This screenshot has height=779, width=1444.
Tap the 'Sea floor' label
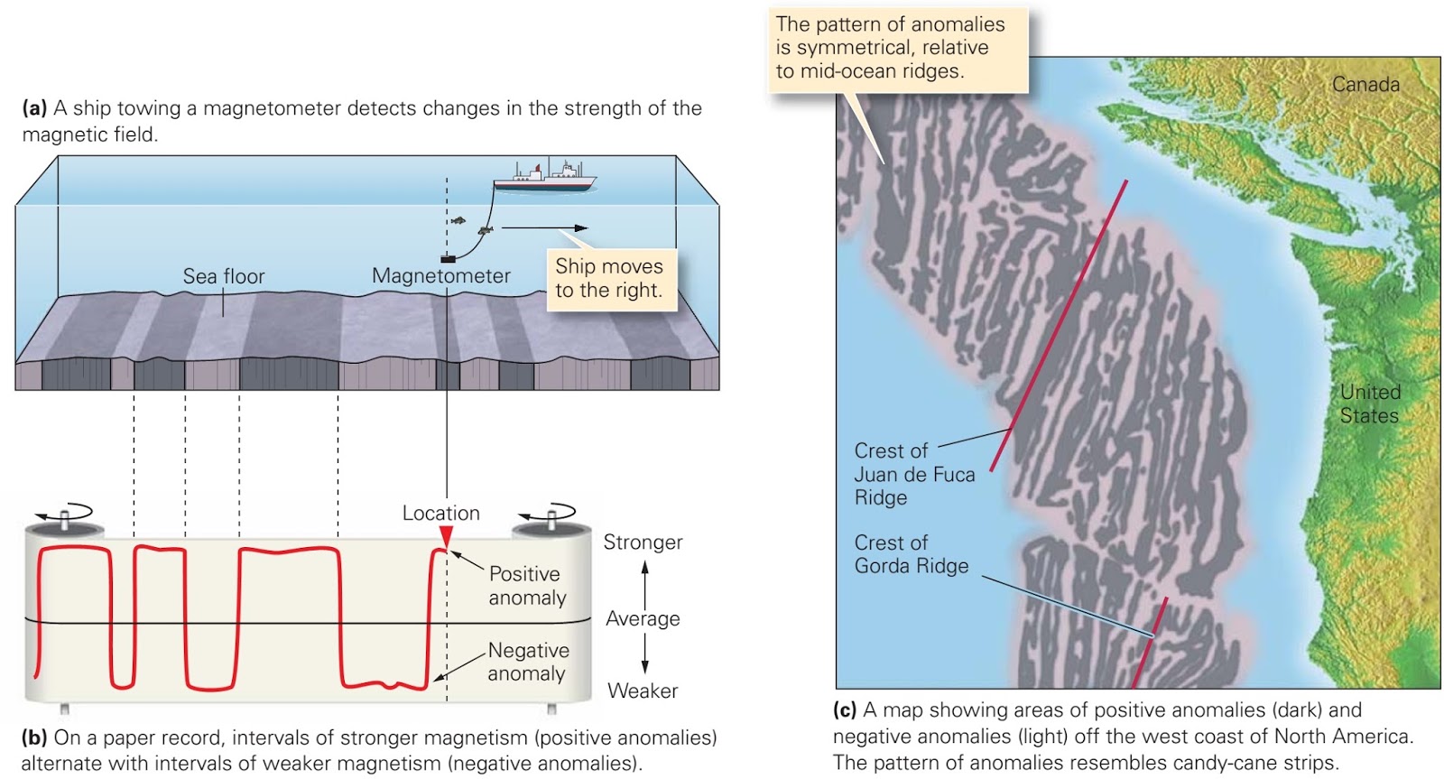[224, 276]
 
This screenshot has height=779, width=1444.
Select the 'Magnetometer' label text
[440, 276]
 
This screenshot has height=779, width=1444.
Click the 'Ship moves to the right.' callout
[610, 278]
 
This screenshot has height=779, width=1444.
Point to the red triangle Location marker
[446, 537]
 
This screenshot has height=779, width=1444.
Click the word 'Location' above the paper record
[440, 513]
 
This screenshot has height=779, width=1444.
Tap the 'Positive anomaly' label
[527, 585]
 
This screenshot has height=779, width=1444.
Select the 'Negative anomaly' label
[528, 662]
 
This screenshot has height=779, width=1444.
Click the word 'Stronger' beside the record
[643, 542]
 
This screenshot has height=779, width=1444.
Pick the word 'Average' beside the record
[643, 618]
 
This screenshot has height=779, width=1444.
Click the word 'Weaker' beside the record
[643, 691]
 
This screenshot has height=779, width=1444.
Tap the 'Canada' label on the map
[1365, 84]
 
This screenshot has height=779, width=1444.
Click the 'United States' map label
[1369, 403]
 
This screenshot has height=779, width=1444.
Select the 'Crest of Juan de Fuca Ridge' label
[913, 474]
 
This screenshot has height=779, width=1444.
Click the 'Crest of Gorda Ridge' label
[911, 554]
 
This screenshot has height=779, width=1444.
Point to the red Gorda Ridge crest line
[1150, 642]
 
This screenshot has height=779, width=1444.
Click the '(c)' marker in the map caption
[845, 710]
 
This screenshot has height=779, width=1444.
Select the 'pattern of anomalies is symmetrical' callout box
[899, 48]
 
